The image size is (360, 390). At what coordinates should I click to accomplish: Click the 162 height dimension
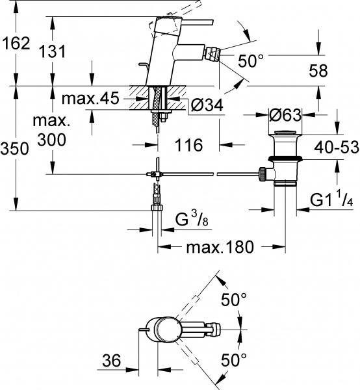coord(15,44)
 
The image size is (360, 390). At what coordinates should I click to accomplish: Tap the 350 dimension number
coord(15,149)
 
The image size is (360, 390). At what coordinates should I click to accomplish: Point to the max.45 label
coord(91,99)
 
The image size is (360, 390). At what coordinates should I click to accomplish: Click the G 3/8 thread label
coord(190,221)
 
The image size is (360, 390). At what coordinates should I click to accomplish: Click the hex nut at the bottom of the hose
coord(156,208)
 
